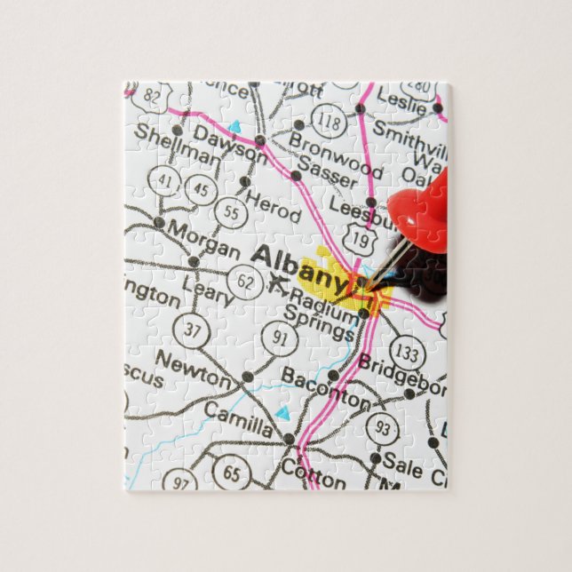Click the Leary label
pyautogui.click(x=207, y=290)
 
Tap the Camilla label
pyautogui.click(x=238, y=418)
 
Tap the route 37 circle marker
pyautogui.click(x=193, y=331)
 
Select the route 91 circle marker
pyautogui.click(x=280, y=338)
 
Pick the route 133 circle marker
pyautogui.click(x=408, y=354)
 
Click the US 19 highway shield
pyautogui.click(x=361, y=237)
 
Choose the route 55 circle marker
pyautogui.click(x=231, y=212)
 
